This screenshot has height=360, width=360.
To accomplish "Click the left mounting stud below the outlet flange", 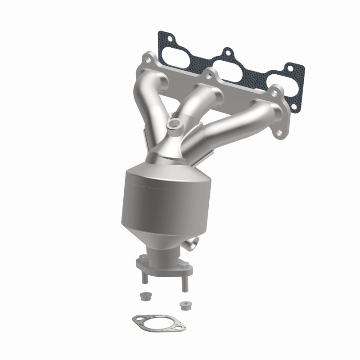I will [x=144, y=275].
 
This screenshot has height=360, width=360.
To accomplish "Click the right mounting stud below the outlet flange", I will [x=184, y=282].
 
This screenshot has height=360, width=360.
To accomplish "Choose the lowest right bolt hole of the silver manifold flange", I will [x=279, y=134].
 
